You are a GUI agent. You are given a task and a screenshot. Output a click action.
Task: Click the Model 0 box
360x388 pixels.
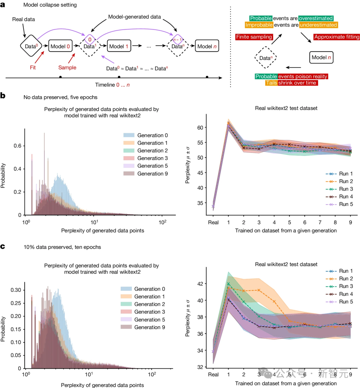click(x=60, y=46)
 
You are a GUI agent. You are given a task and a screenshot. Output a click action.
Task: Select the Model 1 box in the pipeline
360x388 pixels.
click(x=119, y=46)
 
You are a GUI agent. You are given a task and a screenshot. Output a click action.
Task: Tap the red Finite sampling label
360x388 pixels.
click(x=254, y=37)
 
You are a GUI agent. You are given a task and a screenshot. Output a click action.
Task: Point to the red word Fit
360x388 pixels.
click(x=33, y=68)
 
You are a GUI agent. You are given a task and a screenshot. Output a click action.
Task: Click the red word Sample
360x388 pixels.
click(x=67, y=68)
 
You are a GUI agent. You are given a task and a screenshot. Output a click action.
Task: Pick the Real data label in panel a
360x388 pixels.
click(x=23, y=19)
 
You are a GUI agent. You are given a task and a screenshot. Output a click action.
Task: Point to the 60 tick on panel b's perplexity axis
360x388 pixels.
click(x=200, y=128)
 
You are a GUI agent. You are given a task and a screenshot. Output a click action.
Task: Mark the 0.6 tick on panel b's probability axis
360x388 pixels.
click(x=17, y=146)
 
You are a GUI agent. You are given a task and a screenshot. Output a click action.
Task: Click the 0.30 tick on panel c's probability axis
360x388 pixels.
click(x=15, y=290)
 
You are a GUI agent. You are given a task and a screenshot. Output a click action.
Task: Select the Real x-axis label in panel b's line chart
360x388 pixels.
click(x=213, y=222)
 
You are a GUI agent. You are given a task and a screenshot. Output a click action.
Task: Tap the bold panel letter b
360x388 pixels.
click(x=3, y=96)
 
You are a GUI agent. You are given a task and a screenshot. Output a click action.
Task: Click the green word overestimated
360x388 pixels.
click(x=316, y=18)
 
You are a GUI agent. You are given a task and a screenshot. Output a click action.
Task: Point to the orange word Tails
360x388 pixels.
click(x=271, y=83)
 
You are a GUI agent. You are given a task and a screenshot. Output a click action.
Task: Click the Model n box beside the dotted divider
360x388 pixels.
click(x=321, y=57)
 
